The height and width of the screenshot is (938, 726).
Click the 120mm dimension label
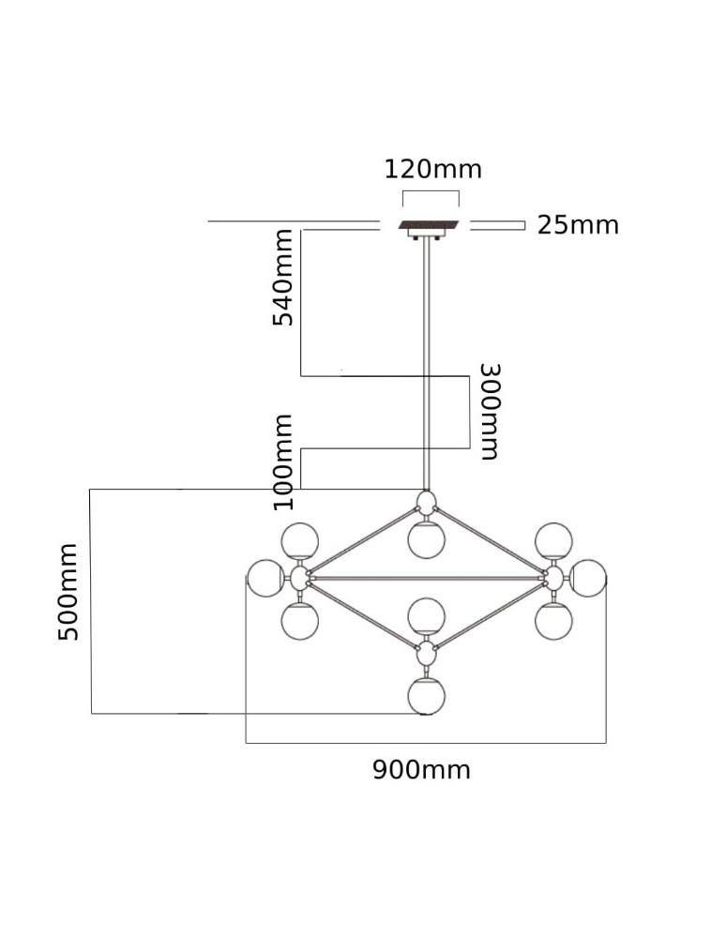tap(432, 169)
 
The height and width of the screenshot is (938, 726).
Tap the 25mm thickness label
tap(578, 225)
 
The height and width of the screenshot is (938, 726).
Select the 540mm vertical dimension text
tap(282, 278)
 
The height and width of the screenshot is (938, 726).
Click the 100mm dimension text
tap(282, 461)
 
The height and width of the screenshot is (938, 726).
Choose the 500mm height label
tap(68, 591)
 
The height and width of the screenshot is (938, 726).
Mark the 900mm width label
tap(421, 770)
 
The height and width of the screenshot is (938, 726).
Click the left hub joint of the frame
tap(300, 578)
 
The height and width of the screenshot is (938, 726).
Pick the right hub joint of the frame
tap(553, 577)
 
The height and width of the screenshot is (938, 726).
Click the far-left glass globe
tap(266, 578)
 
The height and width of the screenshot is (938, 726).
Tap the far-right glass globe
tap(589, 577)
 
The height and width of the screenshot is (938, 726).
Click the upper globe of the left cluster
tap(301, 541)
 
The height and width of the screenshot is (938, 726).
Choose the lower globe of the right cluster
tap(553, 619)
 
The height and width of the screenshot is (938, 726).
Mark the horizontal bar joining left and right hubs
tap(427, 578)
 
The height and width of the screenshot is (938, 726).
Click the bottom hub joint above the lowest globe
tap(427, 651)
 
